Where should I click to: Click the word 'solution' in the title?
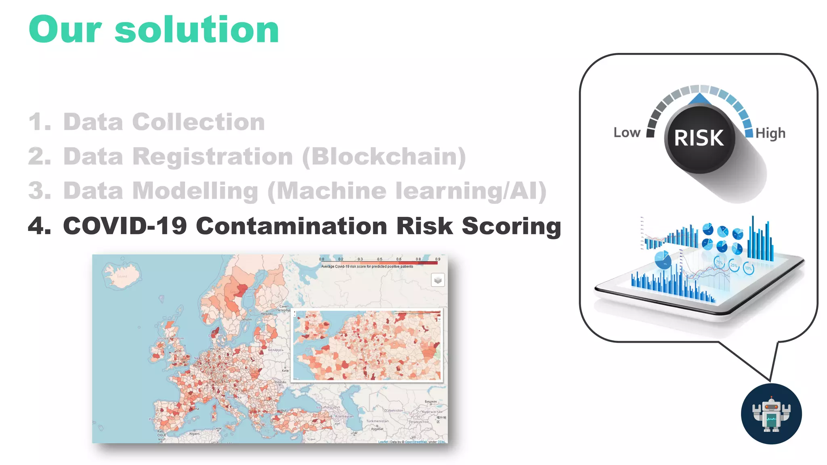[x=197, y=30]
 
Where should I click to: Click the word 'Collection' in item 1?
[x=198, y=122]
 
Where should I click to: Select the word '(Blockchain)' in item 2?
[x=384, y=157]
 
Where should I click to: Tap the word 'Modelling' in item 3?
[x=195, y=191]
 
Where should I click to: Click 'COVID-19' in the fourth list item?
[x=125, y=226]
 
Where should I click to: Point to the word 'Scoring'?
[x=511, y=226]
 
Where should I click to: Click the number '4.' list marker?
[x=40, y=226]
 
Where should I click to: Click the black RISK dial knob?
[x=699, y=138]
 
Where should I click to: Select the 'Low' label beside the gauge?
[x=627, y=133]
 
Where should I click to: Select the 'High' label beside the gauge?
[x=770, y=133]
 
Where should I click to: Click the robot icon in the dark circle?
[x=771, y=414]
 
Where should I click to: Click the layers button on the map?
[x=438, y=280]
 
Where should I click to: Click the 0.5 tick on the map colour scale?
[x=380, y=260]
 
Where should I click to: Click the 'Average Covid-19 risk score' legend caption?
[x=367, y=266]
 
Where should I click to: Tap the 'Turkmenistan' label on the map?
[x=377, y=421]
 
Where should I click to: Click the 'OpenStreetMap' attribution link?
[x=416, y=442]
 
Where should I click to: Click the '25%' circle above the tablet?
[x=734, y=266]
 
